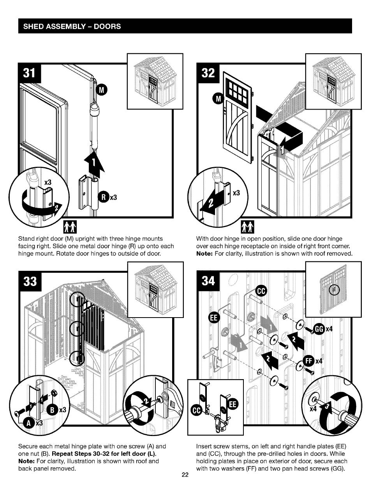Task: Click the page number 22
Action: tap(185, 475)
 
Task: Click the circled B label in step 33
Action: tap(52, 410)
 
